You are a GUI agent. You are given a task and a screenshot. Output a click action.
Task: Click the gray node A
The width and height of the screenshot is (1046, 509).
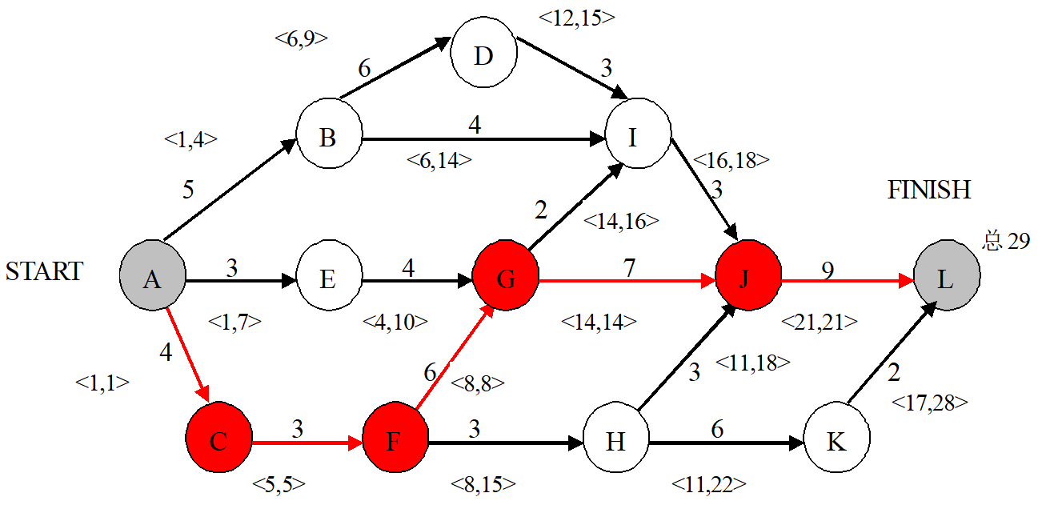152,279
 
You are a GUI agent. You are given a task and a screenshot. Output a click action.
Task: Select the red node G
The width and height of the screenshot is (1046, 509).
506,279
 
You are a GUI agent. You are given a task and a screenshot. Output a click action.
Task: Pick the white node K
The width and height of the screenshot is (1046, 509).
836,441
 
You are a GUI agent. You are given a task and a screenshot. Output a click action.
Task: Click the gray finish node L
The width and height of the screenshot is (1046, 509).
945,279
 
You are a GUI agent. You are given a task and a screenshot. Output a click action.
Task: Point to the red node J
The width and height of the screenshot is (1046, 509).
748,279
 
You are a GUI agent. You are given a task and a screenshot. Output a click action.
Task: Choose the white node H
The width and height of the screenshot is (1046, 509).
615,441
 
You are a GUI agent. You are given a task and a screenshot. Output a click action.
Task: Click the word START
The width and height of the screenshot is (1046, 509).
44,271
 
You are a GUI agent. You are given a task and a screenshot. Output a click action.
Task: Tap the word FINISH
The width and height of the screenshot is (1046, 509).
928,190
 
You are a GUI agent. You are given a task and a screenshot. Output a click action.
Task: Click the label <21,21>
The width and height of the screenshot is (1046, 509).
820,322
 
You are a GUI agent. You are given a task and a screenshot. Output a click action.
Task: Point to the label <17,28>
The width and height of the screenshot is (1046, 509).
929,403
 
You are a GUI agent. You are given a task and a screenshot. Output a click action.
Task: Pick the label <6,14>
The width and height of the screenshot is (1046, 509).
439,160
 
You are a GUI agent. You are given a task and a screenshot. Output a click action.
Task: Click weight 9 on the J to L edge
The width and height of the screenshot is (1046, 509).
828,269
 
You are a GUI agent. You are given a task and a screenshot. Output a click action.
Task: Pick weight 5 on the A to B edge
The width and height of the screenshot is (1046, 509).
188,190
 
